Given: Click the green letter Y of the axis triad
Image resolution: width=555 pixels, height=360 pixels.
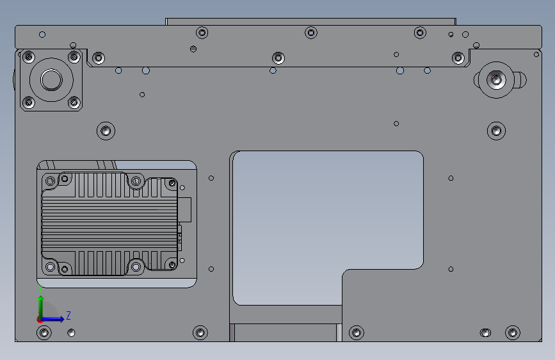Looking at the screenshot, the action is (x=40, y=288).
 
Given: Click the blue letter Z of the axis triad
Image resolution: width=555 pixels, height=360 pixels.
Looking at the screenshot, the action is (x=68, y=315).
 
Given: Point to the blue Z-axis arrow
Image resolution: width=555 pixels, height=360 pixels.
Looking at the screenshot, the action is (x=52, y=319).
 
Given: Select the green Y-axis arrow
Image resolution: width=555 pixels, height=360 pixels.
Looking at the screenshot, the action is (x=41, y=307).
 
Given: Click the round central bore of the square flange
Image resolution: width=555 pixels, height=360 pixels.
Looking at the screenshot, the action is (x=51, y=79).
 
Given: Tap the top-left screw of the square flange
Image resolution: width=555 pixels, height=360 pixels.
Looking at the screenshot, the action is (x=29, y=57).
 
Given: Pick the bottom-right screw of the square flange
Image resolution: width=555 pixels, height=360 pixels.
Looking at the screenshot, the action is (x=74, y=102).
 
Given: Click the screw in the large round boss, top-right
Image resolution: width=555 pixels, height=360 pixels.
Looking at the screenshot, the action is (x=496, y=79).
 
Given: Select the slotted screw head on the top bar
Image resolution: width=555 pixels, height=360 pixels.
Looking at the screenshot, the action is (x=193, y=49).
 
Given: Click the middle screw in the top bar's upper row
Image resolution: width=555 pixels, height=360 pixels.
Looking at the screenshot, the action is (x=311, y=33).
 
